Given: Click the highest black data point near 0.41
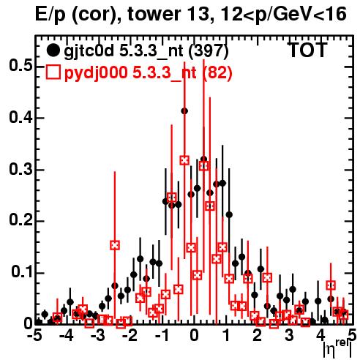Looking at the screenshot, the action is [x=184, y=111].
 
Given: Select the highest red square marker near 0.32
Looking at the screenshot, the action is [x=184, y=160].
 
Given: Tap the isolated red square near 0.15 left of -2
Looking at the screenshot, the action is [x=115, y=245].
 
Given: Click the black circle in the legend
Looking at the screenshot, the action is [x=53, y=50].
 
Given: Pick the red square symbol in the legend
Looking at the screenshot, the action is [x=53, y=72].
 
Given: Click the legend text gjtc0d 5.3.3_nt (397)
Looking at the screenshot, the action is [x=146, y=51].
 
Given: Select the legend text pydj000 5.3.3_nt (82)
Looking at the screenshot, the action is [x=148, y=73].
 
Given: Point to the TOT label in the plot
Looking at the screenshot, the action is [x=307, y=50].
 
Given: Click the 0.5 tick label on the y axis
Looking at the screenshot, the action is [x=21, y=66].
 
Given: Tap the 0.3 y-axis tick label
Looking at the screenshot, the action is [x=21, y=169].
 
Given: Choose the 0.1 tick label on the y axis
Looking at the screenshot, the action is [x=22, y=272].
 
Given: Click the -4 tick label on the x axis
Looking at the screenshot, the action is [x=67, y=335].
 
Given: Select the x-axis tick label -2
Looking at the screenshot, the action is [x=130, y=335].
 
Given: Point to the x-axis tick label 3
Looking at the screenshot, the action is [x=289, y=335].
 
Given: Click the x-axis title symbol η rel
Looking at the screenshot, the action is [x=338, y=349].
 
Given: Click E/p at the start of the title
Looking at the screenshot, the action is [x=50, y=15].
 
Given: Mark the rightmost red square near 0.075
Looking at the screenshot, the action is [x=331, y=285].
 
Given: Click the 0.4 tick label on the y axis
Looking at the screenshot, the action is [x=21, y=117].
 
